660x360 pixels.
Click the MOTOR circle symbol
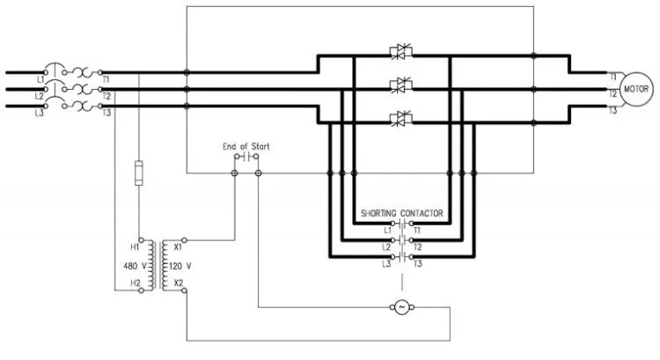coord(636,89)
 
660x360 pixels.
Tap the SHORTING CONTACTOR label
coord(402,214)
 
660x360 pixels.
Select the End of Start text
coord(246,146)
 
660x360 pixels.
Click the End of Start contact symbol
coord(246,157)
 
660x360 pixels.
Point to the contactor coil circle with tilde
coord(401,307)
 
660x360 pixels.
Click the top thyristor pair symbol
coord(400,52)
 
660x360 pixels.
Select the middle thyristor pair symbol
coord(400,85)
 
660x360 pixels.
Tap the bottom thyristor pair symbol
coord(400,119)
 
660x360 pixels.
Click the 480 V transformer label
coord(135,266)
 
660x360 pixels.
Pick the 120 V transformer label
coord(180,266)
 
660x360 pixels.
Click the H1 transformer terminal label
coord(135,246)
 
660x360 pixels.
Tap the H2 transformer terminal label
coord(136,283)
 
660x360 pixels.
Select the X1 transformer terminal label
coord(178,246)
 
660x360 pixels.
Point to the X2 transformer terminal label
coord(179,283)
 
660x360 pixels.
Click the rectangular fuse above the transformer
coord(138,173)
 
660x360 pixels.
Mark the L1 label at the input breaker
coord(40,79)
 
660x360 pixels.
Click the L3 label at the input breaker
coord(39,113)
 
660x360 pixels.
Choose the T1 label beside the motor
coord(612,77)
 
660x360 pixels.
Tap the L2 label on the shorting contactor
coord(386,247)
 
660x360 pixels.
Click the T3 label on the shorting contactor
coord(417,264)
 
